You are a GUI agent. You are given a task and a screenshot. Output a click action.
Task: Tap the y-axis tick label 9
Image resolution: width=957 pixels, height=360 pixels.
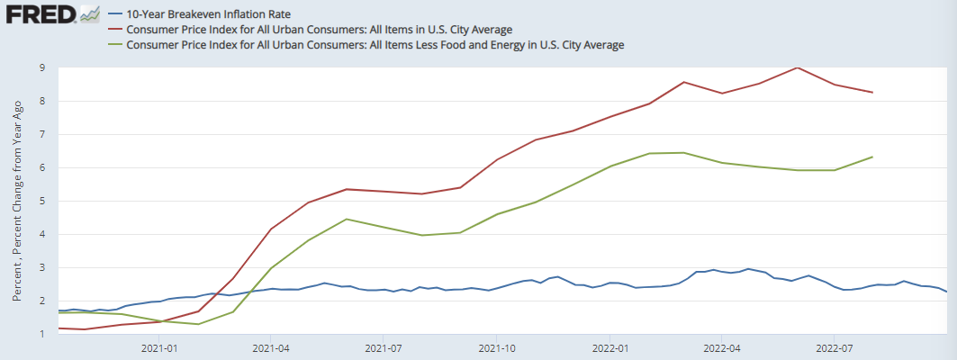click(41, 67)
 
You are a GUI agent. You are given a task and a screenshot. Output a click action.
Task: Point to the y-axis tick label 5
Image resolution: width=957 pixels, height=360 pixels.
click(41, 201)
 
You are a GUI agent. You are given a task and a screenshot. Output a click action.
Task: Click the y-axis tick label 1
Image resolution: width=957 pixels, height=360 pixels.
click(41, 334)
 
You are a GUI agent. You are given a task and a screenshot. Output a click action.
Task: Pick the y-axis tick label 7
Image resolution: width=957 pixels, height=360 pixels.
click(41, 134)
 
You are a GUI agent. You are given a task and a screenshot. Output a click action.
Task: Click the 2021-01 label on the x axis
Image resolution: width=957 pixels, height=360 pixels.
click(158, 346)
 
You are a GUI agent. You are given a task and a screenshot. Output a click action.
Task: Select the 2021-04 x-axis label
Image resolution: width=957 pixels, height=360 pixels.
click(270, 346)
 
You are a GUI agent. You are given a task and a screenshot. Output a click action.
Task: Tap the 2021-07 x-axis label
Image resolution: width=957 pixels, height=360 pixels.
click(384, 346)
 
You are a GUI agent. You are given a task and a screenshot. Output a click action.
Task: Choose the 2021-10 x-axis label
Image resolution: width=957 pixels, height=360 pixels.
click(497, 346)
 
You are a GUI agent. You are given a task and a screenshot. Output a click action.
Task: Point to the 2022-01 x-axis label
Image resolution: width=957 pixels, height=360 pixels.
click(610, 346)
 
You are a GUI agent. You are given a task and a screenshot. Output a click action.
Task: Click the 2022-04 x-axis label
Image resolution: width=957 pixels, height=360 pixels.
click(722, 346)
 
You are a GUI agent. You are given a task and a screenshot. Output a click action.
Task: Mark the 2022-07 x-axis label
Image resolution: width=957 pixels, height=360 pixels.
click(835, 346)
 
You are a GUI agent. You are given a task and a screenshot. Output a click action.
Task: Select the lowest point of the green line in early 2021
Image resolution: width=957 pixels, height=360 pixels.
click(197, 324)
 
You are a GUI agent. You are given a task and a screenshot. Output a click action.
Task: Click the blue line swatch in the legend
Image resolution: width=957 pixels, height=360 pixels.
click(114, 14)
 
